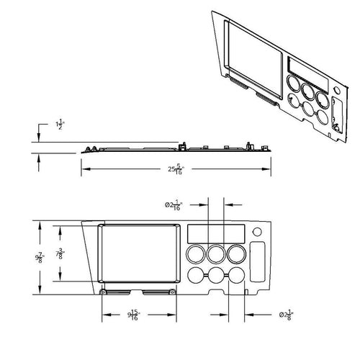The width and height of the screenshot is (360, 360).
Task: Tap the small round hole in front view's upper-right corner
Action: [257, 232]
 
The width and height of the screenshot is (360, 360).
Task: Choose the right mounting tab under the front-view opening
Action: [158, 292]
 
